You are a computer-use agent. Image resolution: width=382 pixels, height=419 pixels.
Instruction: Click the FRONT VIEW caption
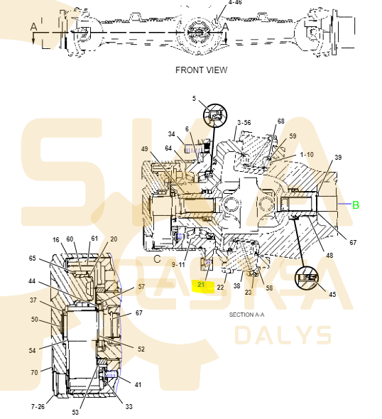point(201,70)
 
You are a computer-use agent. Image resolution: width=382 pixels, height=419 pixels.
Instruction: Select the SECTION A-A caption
point(246,315)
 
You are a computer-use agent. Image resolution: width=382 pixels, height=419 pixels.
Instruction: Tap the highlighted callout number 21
point(201,285)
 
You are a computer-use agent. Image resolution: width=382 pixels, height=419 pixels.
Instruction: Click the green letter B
point(356,205)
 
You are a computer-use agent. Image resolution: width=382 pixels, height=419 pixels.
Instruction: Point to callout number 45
point(332,294)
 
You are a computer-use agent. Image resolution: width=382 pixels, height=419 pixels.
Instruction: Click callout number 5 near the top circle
point(194,98)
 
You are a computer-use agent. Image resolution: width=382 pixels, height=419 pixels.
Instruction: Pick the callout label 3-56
point(244,123)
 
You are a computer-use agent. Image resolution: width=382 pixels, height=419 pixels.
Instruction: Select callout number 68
point(280,121)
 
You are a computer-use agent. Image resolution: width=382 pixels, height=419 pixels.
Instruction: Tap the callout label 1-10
point(307,154)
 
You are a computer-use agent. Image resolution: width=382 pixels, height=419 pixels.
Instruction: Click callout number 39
point(338,158)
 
